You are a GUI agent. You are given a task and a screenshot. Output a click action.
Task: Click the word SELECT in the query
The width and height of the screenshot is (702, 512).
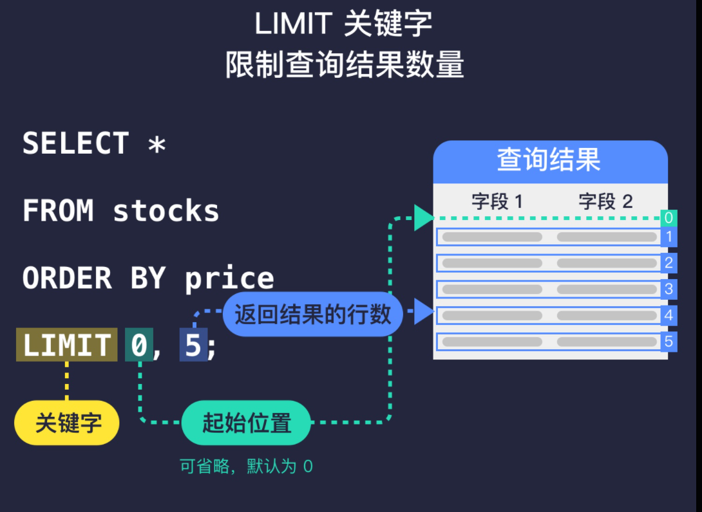76,143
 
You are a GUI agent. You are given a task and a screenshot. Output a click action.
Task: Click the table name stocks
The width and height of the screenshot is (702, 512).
166,212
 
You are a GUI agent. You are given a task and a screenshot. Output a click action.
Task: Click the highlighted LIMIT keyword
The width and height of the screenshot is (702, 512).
67,345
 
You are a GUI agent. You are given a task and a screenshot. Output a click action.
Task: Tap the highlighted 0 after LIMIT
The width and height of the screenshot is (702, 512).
139,345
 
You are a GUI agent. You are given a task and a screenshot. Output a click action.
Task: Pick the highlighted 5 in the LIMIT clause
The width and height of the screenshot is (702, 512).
193,345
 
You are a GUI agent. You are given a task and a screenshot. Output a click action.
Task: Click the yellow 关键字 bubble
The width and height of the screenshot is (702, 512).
67,423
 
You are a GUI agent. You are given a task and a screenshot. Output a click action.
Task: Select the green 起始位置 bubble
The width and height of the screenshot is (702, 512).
247,423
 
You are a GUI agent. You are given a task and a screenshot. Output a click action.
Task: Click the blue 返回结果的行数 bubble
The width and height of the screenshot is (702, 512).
313,315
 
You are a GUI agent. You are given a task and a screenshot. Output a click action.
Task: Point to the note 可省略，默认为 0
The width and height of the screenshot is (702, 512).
246,466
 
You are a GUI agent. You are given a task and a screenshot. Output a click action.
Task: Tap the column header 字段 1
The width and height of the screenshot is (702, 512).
497,201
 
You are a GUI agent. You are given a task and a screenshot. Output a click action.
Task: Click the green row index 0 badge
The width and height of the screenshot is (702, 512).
669,217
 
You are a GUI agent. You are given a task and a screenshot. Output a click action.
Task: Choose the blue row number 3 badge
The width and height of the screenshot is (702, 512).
669,289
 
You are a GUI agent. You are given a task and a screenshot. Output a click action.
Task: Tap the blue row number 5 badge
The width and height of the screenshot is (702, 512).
669,342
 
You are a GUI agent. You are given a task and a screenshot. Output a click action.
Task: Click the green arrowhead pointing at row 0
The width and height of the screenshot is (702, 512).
424,217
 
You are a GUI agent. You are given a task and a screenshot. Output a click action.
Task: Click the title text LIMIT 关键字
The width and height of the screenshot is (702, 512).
343,24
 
